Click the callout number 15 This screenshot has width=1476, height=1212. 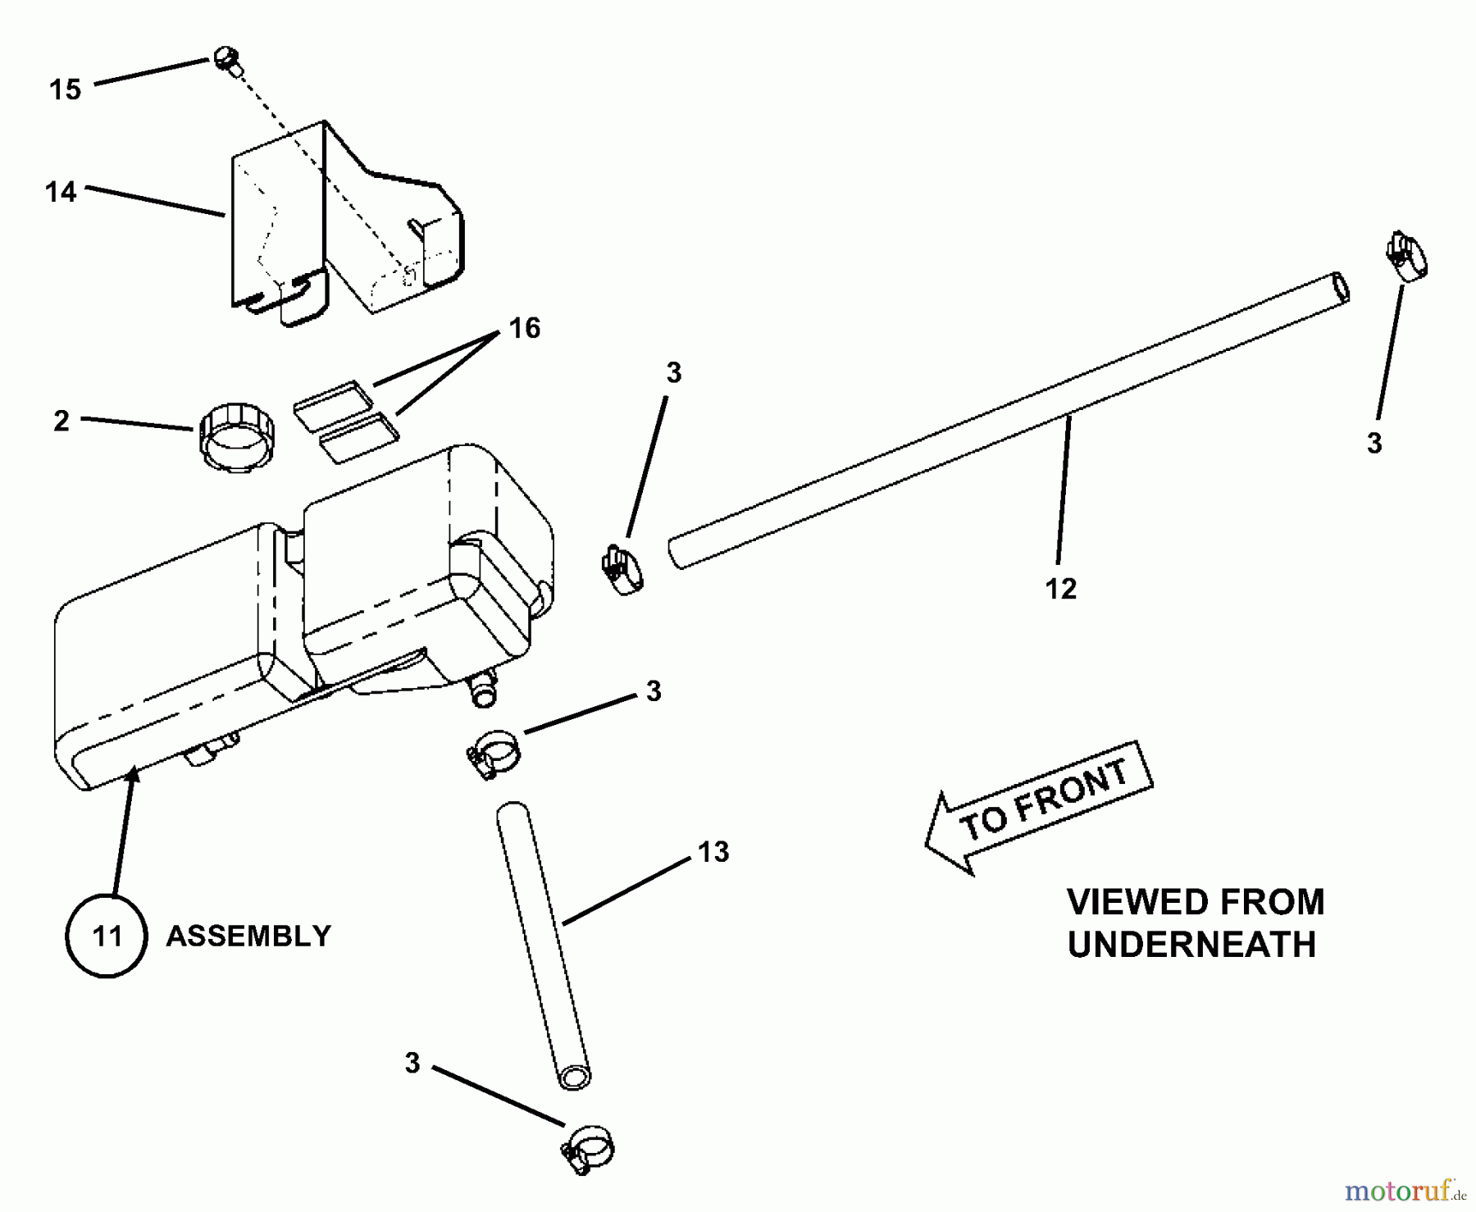coord(66,89)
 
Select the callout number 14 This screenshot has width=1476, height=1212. coord(61,192)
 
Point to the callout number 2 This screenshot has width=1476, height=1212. coord(61,421)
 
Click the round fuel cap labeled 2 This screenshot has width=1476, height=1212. coord(236,437)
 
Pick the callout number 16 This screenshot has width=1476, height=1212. coord(525,328)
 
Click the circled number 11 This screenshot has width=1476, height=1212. coord(107,936)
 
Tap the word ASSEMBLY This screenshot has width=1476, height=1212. coord(248,936)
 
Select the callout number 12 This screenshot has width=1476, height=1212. coord(1060,589)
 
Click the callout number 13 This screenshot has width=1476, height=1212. coord(713,852)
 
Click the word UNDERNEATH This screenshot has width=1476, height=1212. coord(1191,945)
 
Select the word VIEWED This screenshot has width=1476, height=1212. coord(1123,902)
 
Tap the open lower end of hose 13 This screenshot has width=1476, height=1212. coord(575,1077)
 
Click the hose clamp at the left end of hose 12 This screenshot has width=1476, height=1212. coord(622,568)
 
